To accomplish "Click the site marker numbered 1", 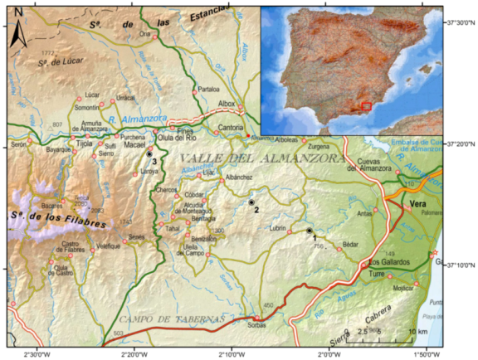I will [309, 231].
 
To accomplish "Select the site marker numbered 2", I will [251, 202].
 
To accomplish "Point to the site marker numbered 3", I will [149, 154].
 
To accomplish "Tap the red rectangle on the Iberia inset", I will [364, 106].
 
